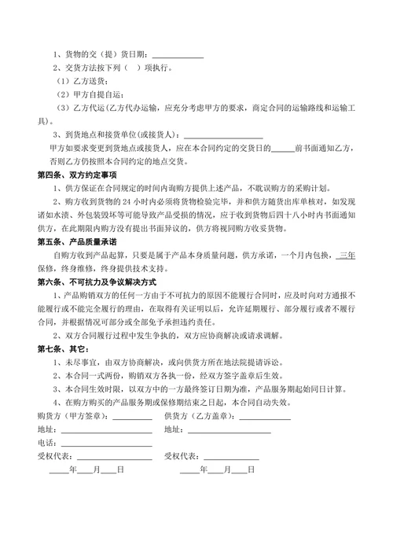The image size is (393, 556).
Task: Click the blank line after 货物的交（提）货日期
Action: tap(178, 55)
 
